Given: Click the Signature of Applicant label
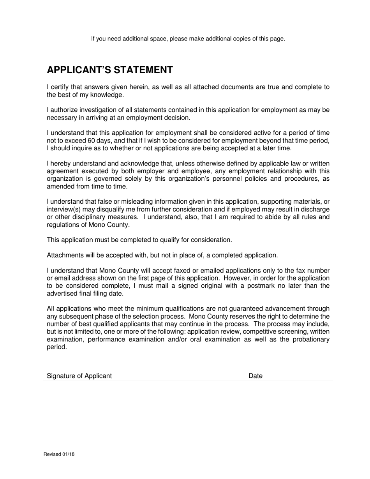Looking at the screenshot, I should pos(79,376).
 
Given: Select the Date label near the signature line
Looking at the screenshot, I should pos(255,376).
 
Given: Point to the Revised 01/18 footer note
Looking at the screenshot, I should pos(59,454).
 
